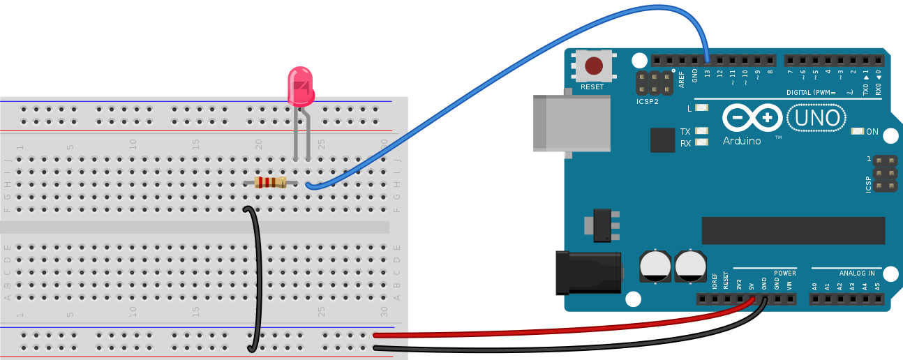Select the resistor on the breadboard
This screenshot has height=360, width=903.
[x=270, y=183]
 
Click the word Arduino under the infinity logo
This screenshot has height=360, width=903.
[x=742, y=141]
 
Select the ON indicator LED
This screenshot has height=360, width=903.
[x=858, y=131]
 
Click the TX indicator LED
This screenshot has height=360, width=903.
[x=701, y=131]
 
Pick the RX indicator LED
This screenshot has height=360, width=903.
[x=701, y=142]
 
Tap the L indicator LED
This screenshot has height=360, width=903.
[x=701, y=108]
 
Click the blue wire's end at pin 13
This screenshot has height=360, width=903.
[x=707, y=61]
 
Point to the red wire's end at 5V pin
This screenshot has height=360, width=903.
[x=752, y=299]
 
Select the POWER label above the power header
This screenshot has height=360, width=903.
[x=784, y=273]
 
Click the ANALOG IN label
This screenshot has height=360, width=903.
[x=857, y=273]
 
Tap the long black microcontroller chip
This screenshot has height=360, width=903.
[x=793, y=231]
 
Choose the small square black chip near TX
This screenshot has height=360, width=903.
[x=662, y=140]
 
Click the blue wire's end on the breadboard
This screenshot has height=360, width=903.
[x=308, y=185]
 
